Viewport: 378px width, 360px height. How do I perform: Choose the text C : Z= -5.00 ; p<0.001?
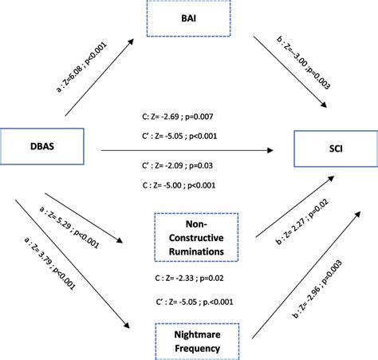coord(177,187)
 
